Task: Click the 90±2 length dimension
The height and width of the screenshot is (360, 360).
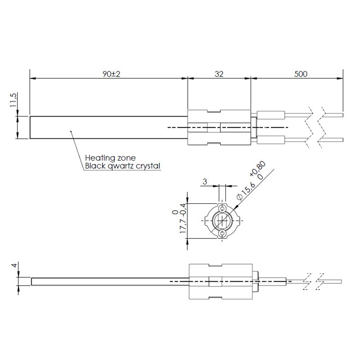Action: coord(111,74)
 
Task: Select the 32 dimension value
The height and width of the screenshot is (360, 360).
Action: coord(219,74)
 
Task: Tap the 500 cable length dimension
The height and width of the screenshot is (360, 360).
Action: coord(301,74)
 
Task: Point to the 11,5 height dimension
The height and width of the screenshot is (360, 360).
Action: coord(13,100)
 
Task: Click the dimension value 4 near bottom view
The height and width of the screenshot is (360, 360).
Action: coord(14,265)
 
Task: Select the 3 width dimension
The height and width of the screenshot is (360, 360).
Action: coord(205,182)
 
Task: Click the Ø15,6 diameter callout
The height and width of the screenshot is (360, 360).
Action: coord(246,191)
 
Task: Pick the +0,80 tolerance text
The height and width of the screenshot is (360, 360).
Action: coord(258,168)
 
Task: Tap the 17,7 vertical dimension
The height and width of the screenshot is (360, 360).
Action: coord(183,226)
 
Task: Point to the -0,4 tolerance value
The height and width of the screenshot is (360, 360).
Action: coord(183,210)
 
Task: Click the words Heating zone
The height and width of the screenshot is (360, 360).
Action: coord(110,158)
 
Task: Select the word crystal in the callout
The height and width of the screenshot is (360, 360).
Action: coord(148,166)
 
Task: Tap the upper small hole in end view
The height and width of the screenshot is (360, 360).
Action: coord(222,209)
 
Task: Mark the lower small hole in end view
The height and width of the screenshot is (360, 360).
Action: coord(222,234)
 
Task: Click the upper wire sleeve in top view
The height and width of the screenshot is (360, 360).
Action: coord(271,115)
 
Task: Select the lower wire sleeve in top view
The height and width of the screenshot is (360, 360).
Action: coord(271,140)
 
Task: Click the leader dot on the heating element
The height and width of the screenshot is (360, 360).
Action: coord(71,131)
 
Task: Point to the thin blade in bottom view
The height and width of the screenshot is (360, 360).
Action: coord(110,282)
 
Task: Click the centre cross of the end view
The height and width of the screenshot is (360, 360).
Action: coord(222,221)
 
